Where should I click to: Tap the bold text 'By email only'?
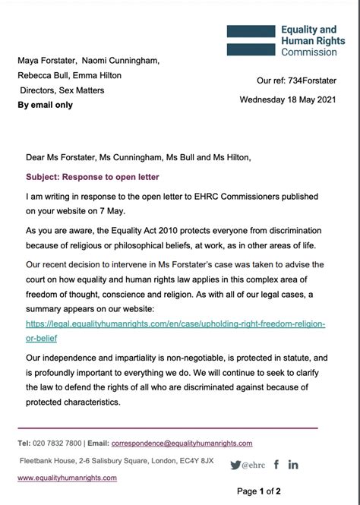pyautogui.click(x=46, y=105)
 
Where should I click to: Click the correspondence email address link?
pyautogui.click(x=182, y=443)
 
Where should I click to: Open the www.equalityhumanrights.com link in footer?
pyautogui.click(x=67, y=478)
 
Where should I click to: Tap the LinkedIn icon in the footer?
pyautogui.click(x=293, y=464)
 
